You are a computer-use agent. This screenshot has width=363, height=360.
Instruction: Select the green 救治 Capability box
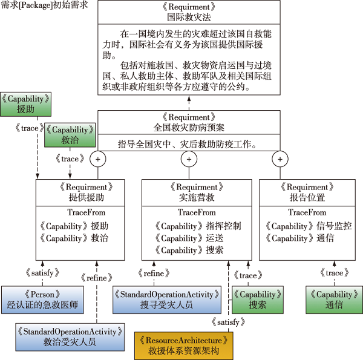pyautogui.click(x=70, y=135)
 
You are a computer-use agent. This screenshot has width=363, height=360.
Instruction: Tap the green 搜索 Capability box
pyautogui.click(x=257, y=299)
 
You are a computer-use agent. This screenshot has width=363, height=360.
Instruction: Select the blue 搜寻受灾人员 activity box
pyautogui.click(x=166, y=299)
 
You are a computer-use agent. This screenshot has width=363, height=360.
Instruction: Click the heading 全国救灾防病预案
pyautogui.click(x=189, y=127)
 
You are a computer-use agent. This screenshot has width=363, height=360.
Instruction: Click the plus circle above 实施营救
pyautogui.click(x=189, y=159)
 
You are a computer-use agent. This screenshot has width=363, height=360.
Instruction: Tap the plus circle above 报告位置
pyautogui.click(x=280, y=159)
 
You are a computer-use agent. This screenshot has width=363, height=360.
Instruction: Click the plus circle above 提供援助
pyautogui.click(x=99, y=159)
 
